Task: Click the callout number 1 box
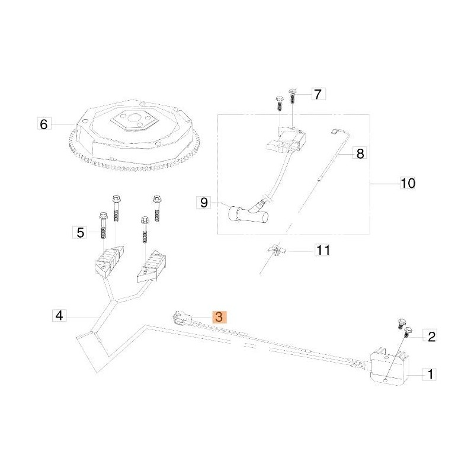click(431, 374)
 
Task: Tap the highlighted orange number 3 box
click(219, 317)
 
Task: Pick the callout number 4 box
click(58, 315)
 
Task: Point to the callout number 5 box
click(80, 232)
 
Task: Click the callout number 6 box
click(43, 124)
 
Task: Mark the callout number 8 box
click(359, 153)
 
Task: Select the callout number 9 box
click(203, 203)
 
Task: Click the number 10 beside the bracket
click(408, 184)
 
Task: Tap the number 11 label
click(322, 251)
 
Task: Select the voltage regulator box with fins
click(388, 364)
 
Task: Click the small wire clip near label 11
click(275, 251)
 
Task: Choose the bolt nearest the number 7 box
click(293, 95)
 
